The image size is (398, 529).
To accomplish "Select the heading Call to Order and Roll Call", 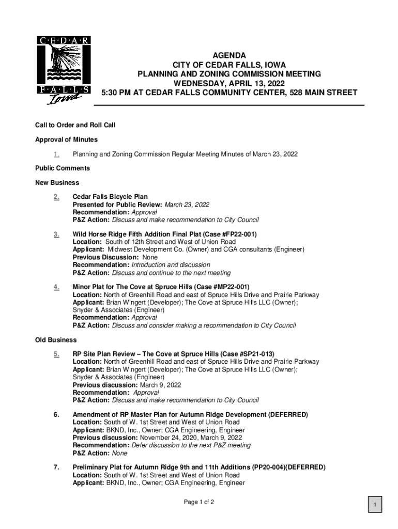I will (75, 125).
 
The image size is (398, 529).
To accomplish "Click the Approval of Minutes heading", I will (66, 139).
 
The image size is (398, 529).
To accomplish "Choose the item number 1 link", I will (56, 154).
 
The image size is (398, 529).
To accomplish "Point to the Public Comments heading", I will (63, 168).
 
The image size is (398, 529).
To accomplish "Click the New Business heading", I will (57, 182).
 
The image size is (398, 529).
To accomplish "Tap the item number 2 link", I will (56, 197).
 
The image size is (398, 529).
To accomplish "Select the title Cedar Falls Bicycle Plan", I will (110, 197).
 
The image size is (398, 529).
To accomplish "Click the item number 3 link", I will (56, 235).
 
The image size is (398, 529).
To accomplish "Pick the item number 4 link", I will (56, 287).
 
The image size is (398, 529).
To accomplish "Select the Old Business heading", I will (56, 340).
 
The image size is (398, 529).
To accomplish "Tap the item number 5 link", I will (56, 354).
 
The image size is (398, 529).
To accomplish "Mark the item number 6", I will (56, 415).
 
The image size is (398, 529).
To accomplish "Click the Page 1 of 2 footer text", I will (199, 502).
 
